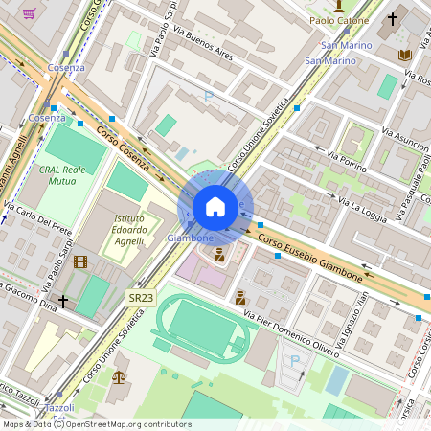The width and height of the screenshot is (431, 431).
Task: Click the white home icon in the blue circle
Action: click(x=215, y=207)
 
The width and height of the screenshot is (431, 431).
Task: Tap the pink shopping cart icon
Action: click(x=30, y=13)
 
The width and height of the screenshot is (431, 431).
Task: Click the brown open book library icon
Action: click(x=404, y=55)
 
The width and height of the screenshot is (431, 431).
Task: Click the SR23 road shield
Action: click(x=141, y=298)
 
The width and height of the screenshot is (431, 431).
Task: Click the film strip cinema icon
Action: click(x=79, y=261)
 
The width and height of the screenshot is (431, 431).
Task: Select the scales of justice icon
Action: click(x=118, y=375)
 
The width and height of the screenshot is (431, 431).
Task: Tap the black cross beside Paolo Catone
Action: click(x=391, y=18)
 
